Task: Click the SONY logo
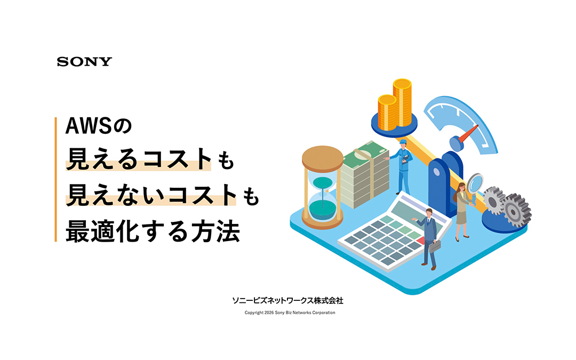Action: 84,61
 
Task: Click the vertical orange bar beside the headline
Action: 55,179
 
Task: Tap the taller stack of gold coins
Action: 403,101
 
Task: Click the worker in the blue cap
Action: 404,165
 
